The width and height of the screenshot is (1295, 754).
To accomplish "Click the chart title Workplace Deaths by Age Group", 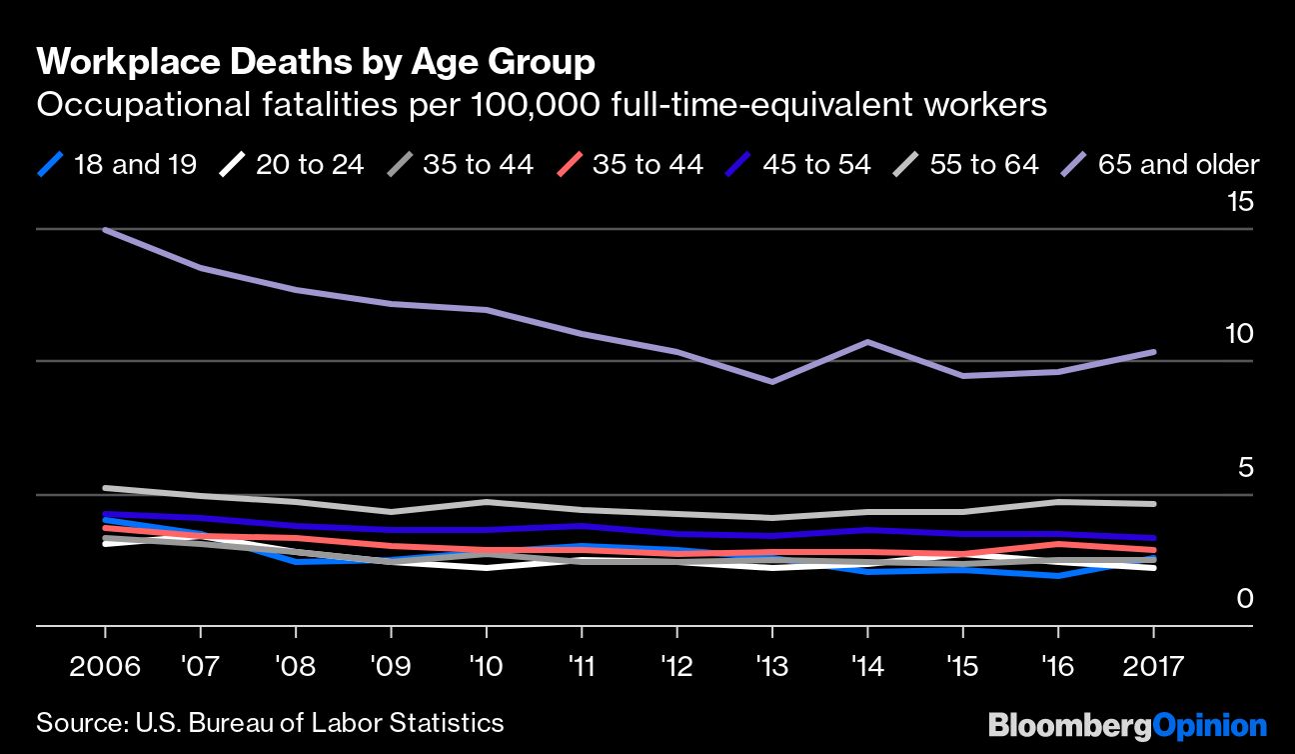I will tap(316, 63).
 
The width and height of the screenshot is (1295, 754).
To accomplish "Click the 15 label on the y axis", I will tap(1239, 203).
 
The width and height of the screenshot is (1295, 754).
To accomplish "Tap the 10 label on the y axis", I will tap(1239, 334).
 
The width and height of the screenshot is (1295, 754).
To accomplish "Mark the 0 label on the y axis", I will tap(1244, 598).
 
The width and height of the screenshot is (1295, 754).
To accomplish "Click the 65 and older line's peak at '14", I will tap(867, 342).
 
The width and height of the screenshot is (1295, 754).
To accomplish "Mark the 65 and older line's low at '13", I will tap(772, 382).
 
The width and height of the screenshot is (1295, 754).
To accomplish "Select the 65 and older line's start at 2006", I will tap(105, 230).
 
